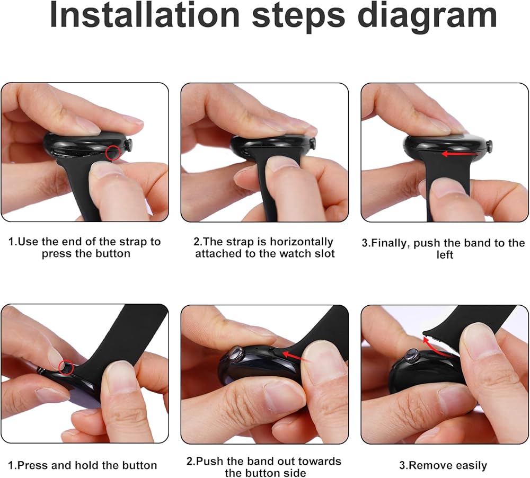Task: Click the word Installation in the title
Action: point(145,15)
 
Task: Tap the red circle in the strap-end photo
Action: point(113,153)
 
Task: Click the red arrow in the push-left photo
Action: point(460,154)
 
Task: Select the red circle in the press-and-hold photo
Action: point(66,367)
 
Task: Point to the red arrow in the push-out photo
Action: point(296,356)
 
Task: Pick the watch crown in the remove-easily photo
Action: point(412,357)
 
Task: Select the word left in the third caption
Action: point(445,254)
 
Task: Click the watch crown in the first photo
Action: point(129,146)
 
